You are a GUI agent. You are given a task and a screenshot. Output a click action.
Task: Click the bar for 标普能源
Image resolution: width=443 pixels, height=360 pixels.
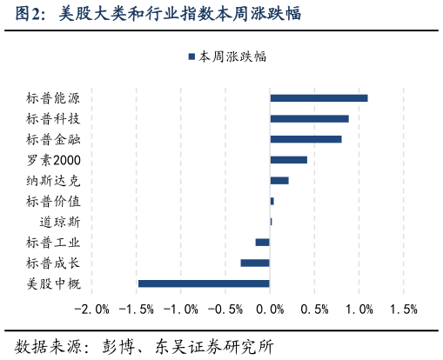(319, 97)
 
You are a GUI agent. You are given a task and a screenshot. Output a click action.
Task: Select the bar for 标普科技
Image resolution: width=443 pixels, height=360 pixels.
(309, 118)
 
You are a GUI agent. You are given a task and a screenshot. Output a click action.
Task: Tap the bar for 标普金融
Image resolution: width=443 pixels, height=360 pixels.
(305, 139)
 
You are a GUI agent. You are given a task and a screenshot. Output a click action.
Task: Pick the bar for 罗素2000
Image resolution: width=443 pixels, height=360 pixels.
(288, 160)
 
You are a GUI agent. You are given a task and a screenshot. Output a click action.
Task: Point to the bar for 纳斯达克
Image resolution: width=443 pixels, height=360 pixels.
(279, 180)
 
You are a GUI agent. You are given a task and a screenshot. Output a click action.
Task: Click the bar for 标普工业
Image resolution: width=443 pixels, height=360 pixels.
(262, 242)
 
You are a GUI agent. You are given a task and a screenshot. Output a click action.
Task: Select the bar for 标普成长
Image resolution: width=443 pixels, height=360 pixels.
(255, 263)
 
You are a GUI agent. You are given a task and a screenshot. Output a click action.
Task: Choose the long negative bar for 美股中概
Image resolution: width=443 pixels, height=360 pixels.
(204, 283)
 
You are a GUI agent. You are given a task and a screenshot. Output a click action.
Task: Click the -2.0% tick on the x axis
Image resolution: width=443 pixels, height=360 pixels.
(92, 310)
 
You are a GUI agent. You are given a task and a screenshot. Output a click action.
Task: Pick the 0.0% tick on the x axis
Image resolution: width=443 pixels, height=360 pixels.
(271, 310)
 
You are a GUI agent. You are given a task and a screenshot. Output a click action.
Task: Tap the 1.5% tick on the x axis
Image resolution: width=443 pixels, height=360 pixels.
(403, 310)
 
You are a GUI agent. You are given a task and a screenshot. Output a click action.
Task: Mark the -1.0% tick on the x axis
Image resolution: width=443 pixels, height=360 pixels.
(181, 310)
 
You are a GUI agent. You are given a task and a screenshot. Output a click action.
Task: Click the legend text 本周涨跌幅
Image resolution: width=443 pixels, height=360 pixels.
(232, 57)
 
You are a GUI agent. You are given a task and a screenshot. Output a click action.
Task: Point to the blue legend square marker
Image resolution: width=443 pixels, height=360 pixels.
(191, 57)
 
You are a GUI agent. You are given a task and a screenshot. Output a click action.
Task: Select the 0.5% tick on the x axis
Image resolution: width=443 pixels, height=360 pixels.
(314, 310)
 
